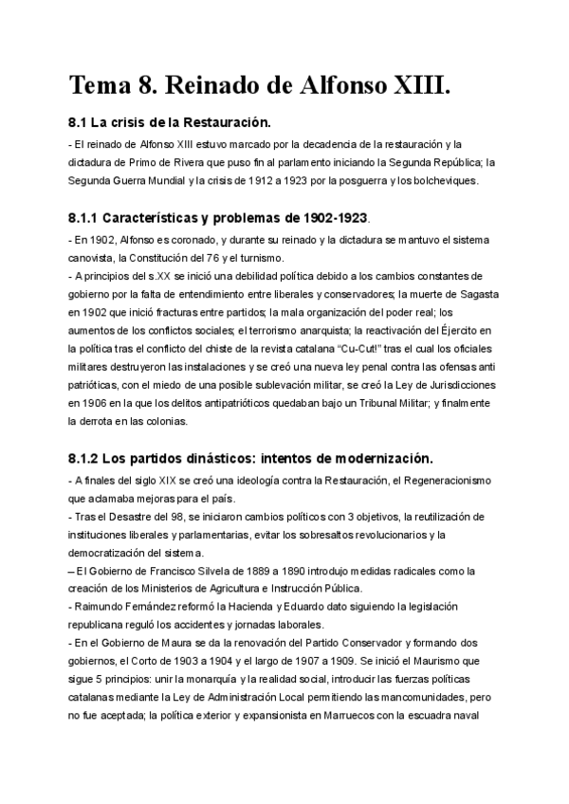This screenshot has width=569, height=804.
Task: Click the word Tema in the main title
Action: (x=101, y=86)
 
